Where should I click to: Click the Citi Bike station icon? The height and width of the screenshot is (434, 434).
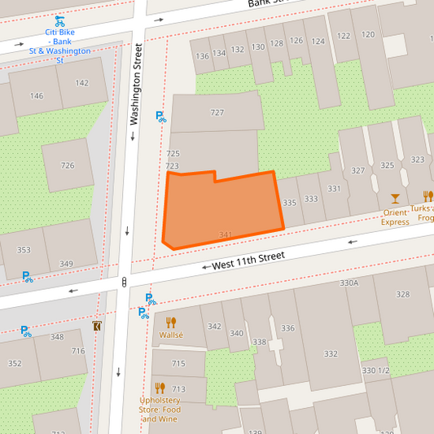click(59, 21)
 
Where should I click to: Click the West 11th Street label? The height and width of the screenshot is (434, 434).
click(248, 261)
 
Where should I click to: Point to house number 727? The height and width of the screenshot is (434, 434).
click(217, 112)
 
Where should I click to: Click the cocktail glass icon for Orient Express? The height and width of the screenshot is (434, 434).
click(395, 198)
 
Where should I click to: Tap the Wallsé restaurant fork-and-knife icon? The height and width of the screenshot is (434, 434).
click(171, 322)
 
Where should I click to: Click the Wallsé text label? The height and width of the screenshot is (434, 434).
click(171, 335)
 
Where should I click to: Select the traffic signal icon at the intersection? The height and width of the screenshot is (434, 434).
click(124, 282)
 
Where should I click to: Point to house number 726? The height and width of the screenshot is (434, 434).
click(67, 165)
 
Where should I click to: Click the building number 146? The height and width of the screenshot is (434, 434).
click(37, 96)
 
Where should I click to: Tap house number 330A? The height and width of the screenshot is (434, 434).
click(349, 283)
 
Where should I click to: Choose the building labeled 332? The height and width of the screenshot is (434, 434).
click(330, 353)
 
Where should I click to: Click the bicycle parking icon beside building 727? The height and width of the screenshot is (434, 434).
click(160, 117)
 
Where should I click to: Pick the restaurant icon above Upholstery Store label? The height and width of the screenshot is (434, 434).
click(160, 388)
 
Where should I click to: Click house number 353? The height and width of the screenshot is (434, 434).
click(24, 250)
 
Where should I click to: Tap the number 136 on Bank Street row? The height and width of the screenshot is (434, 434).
click(202, 55)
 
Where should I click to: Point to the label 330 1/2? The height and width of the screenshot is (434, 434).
click(376, 370)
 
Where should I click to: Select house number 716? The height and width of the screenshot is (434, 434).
click(78, 351)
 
